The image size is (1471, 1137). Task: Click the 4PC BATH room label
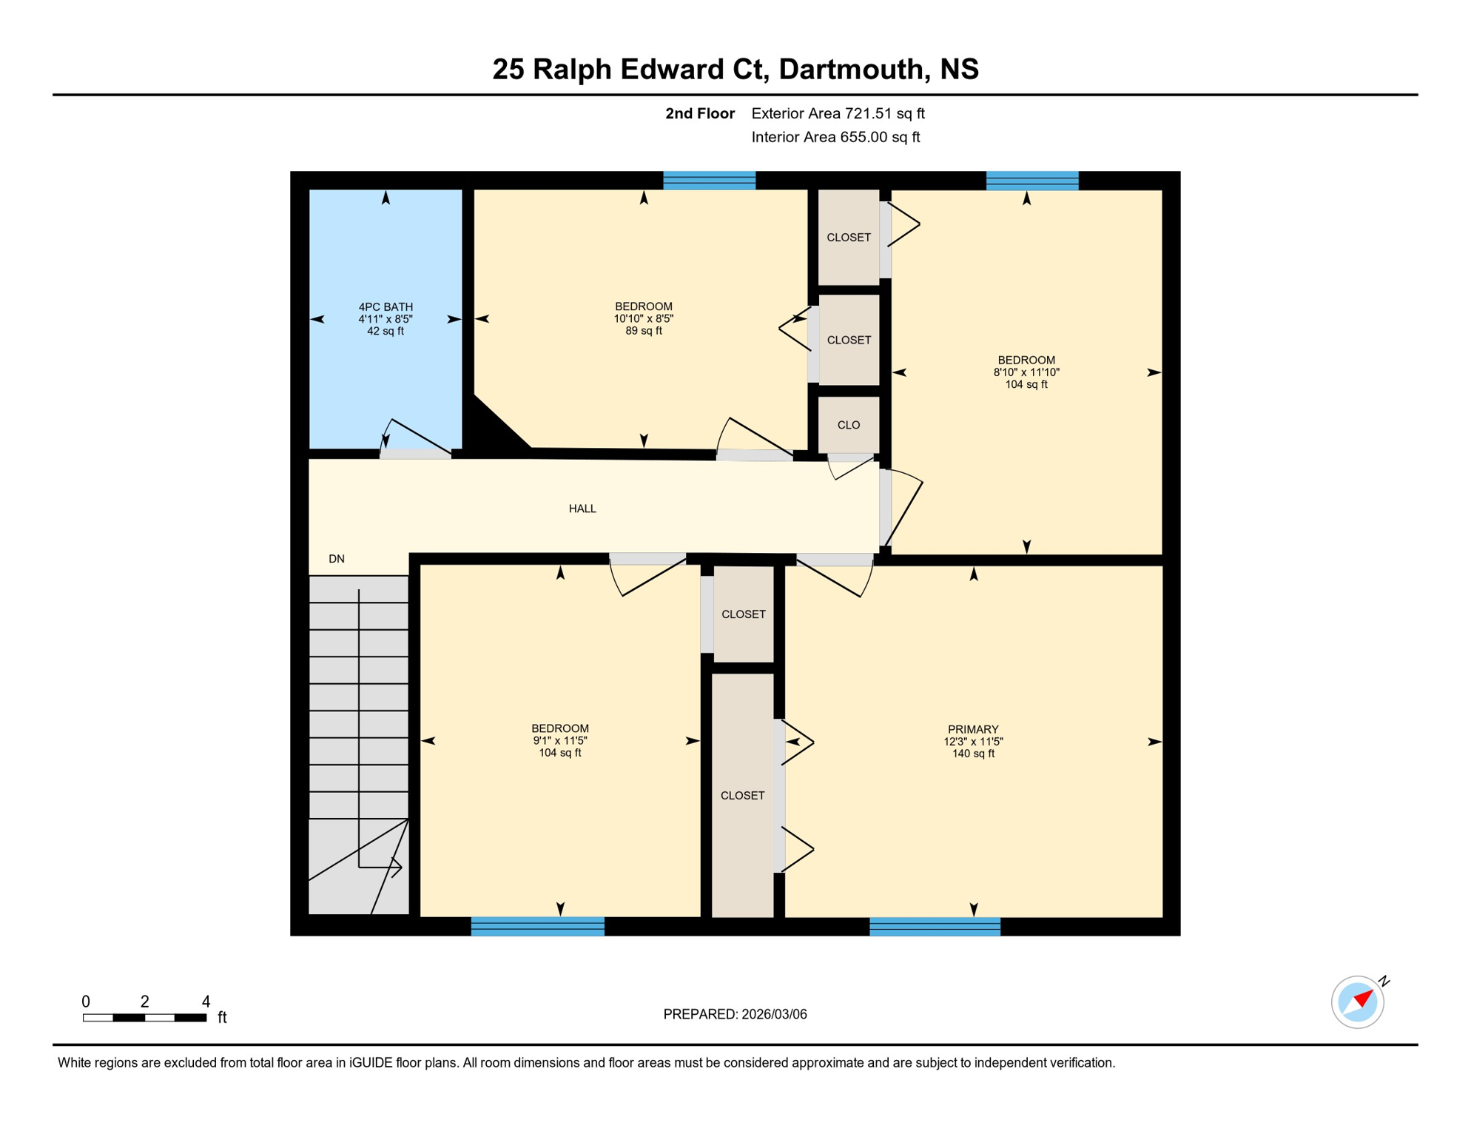pyautogui.click(x=386, y=306)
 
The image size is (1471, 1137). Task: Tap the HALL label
pyautogui.click(x=582, y=509)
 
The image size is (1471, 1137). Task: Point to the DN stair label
pyautogui.click(x=337, y=559)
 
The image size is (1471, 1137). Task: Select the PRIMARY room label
pyautogui.click(x=973, y=729)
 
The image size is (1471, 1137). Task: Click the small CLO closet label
pyautogui.click(x=849, y=425)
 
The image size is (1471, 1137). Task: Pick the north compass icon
pyautogui.click(x=1358, y=1002)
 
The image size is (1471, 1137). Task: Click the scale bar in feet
pyautogui.click(x=145, y=1018)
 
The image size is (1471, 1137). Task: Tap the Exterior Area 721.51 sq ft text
pyautogui.click(x=838, y=113)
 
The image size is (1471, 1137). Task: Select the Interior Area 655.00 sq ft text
pyautogui.click(x=835, y=137)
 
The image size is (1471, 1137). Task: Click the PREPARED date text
pyautogui.click(x=735, y=1014)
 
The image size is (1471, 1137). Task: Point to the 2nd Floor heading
pyautogui.click(x=699, y=113)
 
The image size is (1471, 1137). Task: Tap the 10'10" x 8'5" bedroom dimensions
pyautogui.click(x=644, y=319)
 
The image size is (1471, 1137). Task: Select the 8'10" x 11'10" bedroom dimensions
pyautogui.click(x=1026, y=372)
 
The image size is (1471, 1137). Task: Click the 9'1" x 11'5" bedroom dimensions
pyautogui.click(x=560, y=740)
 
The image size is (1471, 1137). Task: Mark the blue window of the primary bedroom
pyautogui.click(x=935, y=927)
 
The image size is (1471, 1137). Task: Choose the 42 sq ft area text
pyautogui.click(x=386, y=331)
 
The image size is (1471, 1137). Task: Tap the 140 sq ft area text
pyautogui.click(x=973, y=754)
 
